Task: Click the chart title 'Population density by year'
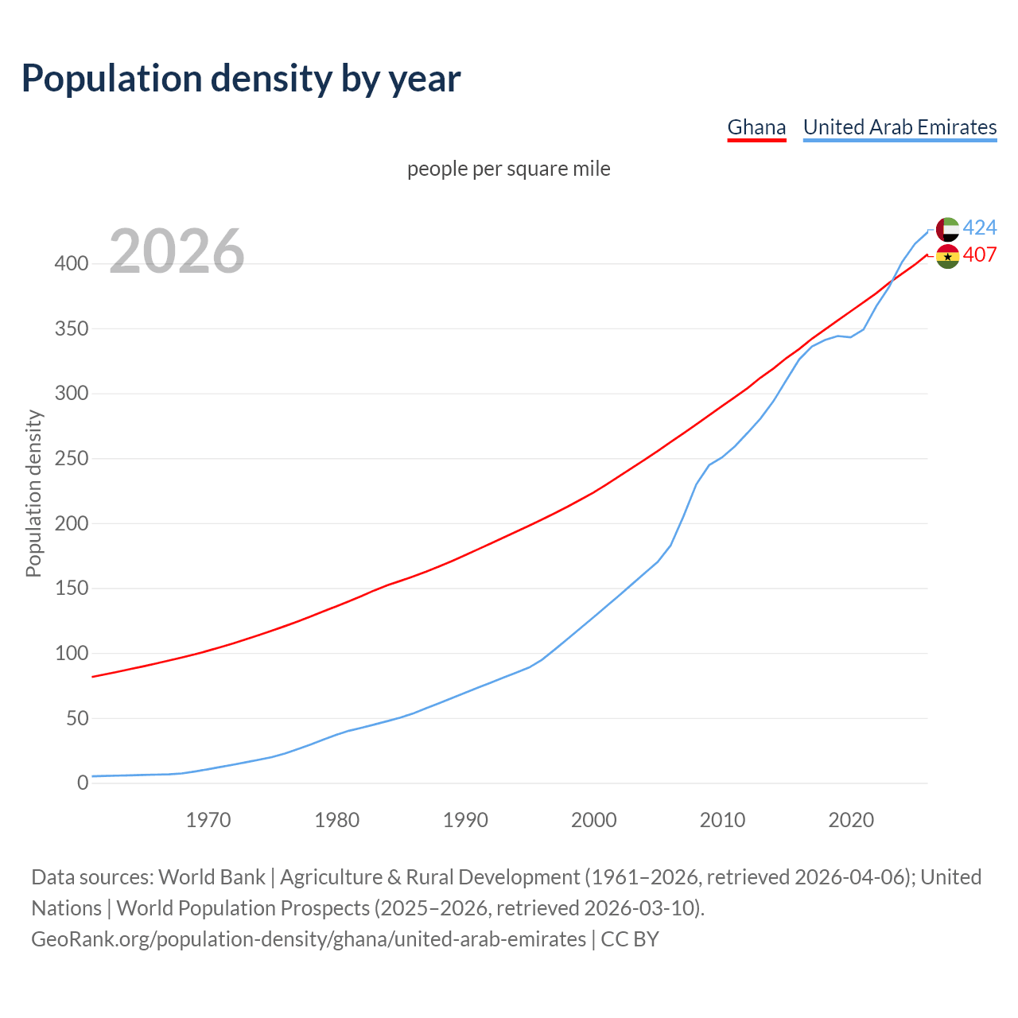click(x=241, y=79)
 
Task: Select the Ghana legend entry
click(x=756, y=127)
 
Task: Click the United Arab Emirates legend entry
click(x=899, y=127)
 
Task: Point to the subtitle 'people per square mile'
click(x=508, y=169)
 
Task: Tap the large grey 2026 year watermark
click(x=177, y=251)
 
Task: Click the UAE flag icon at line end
click(x=947, y=229)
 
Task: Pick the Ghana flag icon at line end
click(x=947, y=256)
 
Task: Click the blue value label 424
click(x=980, y=228)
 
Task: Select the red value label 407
click(x=980, y=255)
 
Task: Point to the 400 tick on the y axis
click(x=71, y=264)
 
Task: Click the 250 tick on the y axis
click(x=71, y=459)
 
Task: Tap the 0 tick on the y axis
click(x=83, y=783)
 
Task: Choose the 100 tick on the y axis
click(x=71, y=654)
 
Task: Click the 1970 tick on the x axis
click(x=208, y=820)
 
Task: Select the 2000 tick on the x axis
click(x=593, y=820)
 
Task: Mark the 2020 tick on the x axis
click(x=851, y=820)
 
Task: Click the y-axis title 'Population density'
click(x=33, y=493)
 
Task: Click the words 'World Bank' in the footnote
click(x=212, y=877)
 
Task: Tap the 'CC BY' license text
click(x=630, y=939)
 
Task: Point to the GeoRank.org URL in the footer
click(x=309, y=939)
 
